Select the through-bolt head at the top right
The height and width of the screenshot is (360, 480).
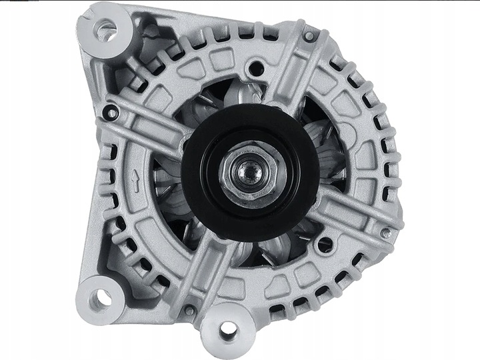pyautogui.click(x=309, y=36)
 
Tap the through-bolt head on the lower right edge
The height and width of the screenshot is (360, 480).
pyautogui.click(x=385, y=233)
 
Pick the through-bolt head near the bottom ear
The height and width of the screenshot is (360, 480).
pyautogui.click(x=190, y=310)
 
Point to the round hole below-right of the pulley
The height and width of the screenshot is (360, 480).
pyautogui.click(x=325, y=245)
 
